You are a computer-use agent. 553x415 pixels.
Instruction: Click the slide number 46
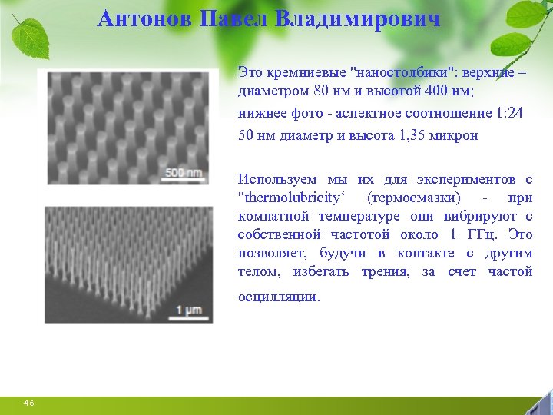click(29, 403)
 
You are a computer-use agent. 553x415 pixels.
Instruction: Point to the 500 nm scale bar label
click(184, 173)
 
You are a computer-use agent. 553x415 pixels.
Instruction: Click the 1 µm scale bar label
click(189, 309)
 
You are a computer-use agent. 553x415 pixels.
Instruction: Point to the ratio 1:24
click(508, 113)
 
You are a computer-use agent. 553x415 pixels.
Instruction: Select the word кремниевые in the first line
click(303, 72)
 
